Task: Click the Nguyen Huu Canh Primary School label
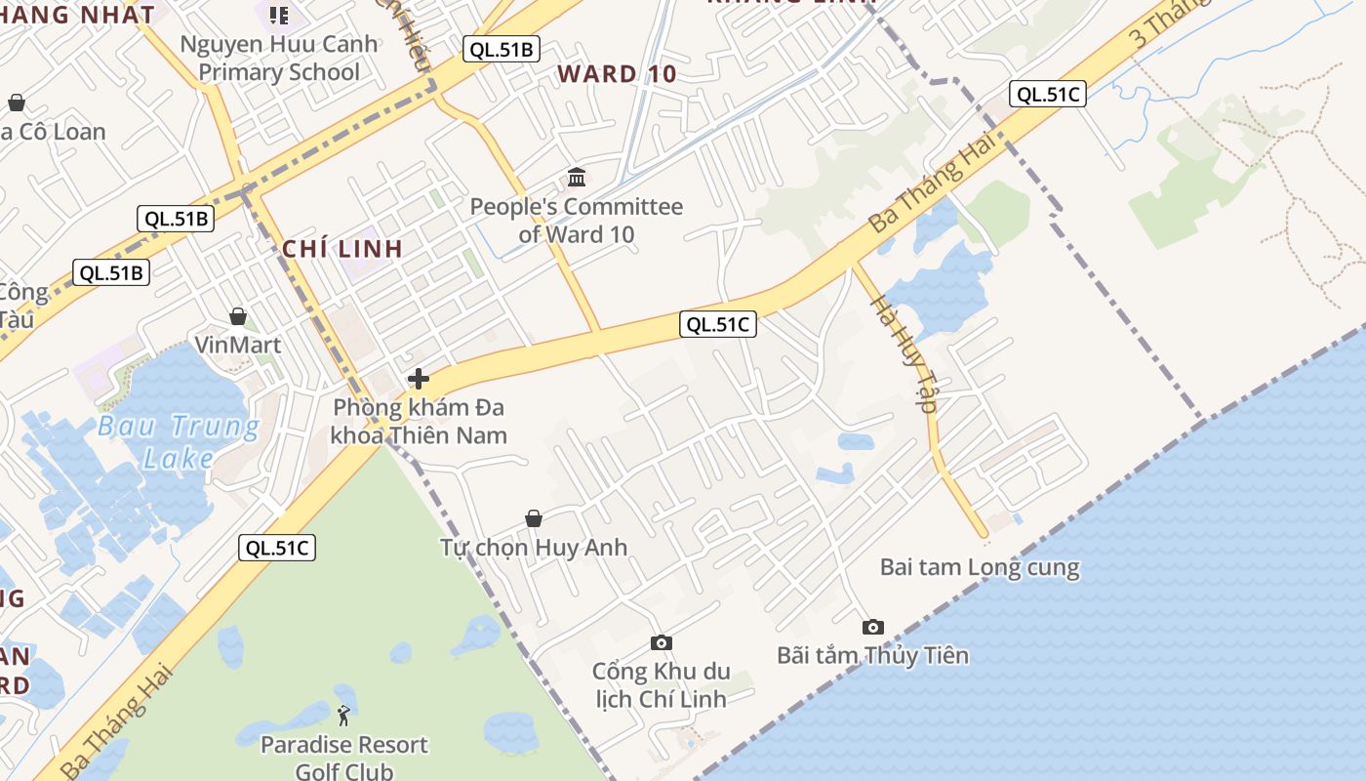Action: (x=279, y=59)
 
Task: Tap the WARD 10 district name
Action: (x=617, y=74)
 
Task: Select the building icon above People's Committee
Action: (x=577, y=178)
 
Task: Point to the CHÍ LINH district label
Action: (x=342, y=249)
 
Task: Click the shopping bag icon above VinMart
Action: (x=238, y=316)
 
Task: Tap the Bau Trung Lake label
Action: (x=180, y=441)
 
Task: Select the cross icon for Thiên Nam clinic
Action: (x=419, y=379)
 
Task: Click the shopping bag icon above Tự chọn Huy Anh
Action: (x=534, y=517)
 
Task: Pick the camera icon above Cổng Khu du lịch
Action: (x=662, y=642)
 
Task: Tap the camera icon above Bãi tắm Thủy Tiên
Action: (x=873, y=627)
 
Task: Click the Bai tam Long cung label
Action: (x=980, y=567)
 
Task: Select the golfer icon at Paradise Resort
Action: (x=343, y=717)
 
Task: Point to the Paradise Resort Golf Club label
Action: (x=343, y=758)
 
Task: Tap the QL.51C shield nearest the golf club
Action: (x=277, y=548)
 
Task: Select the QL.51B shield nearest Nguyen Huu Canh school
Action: (x=502, y=50)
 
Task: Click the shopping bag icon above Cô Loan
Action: (x=17, y=103)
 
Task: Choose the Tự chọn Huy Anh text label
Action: (x=534, y=547)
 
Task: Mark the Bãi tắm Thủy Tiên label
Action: (x=873, y=655)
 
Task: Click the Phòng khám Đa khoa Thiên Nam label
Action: (x=420, y=421)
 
